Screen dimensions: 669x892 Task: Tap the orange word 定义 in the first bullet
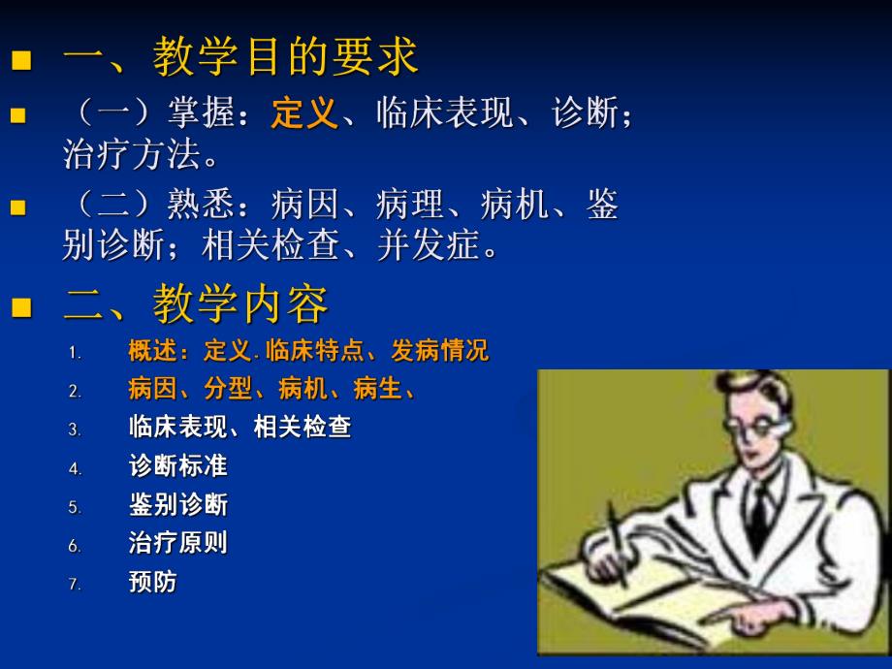click(x=303, y=115)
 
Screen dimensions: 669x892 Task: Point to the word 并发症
click(x=441, y=246)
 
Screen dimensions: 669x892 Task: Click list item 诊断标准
click(x=177, y=466)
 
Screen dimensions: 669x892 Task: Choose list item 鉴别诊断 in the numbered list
click(x=177, y=505)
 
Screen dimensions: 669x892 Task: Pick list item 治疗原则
click(x=177, y=543)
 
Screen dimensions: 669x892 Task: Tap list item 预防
click(x=153, y=582)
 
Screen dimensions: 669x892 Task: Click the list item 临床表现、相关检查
click(x=239, y=428)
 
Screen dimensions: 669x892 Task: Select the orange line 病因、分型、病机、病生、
click(x=272, y=390)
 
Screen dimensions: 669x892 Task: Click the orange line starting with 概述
click(x=308, y=351)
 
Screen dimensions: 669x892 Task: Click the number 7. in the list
click(x=75, y=585)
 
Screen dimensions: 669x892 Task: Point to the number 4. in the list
click(x=75, y=468)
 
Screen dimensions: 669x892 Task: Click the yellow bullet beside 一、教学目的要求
click(x=19, y=60)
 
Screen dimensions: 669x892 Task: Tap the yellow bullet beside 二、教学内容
click(x=19, y=308)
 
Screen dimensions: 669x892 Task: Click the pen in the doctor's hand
click(x=616, y=543)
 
